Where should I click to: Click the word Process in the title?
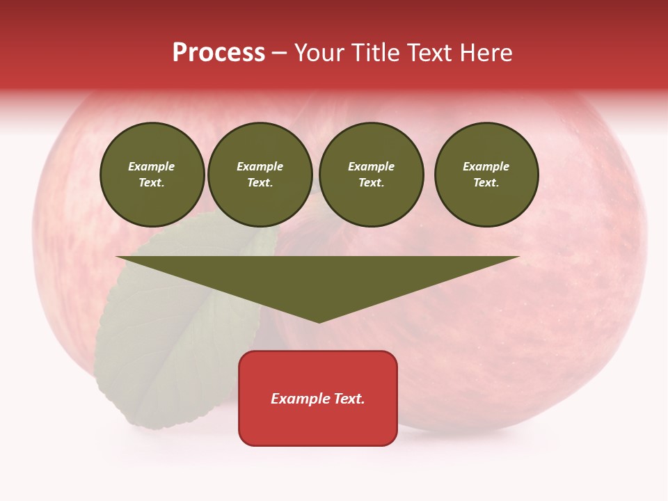[x=218, y=53]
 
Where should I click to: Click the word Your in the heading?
[x=319, y=53]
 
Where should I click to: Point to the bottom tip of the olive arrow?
[x=319, y=321]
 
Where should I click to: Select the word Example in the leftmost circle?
[x=152, y=167]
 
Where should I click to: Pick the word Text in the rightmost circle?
[x=486, y=183]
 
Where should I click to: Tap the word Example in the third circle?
[x=371, y=167]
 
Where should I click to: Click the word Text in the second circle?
[x=260, y=183]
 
